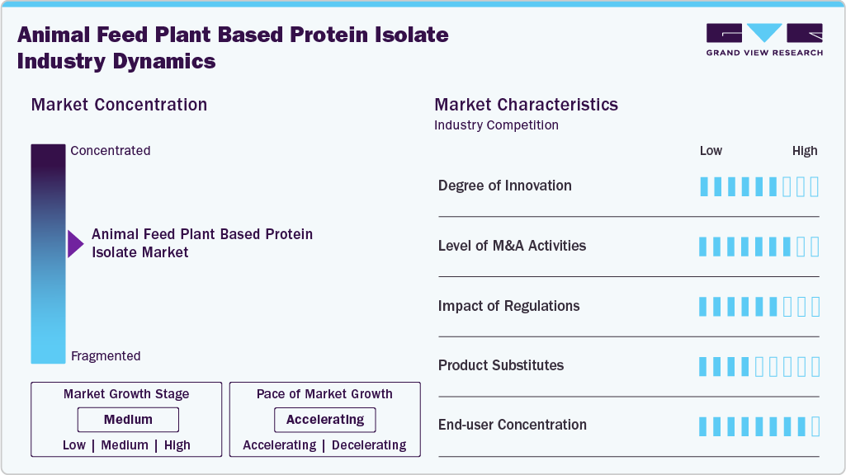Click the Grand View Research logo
click(764, 40)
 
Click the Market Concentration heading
click(119, 105)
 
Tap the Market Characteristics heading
click(526, 105)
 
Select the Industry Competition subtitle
click(496, 125)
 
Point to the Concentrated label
click(111, 151)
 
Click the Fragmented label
click(106, 356)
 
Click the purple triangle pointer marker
click(75, 243)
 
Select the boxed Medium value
click(128, 420)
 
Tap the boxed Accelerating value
click(324, 420)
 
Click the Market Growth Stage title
click(126, 394)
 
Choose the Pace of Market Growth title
click(324, 394)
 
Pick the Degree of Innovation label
click(504, 186)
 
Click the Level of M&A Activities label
click(512, 246)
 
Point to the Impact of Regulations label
click(508, 306)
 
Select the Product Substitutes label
click(501, 365)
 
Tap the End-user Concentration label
click(513, 426)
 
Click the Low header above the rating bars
click(711, 151)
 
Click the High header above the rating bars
click(804, 151)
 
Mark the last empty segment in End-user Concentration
click(815, 426)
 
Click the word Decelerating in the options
click(367, 445)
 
